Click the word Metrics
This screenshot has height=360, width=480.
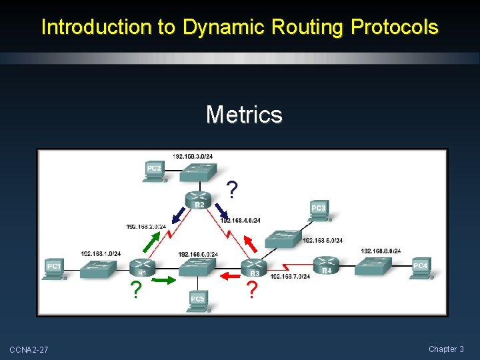tap(244, 115)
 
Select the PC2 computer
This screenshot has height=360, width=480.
tap(155, 170)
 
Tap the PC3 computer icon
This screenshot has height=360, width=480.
tap(319, 211)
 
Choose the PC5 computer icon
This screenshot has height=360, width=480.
tap(197, 299)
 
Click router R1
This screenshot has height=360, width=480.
tap(141, 266)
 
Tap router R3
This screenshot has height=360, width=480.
tap(254, 267)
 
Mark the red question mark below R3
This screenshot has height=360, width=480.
tap(251, 291)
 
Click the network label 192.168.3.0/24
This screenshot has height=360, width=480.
tap(193, 156)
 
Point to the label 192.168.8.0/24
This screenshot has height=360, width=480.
tap(381, 251)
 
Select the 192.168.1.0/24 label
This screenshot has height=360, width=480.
tap(101, 253)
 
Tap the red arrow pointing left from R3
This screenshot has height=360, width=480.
tap(230, 275)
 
